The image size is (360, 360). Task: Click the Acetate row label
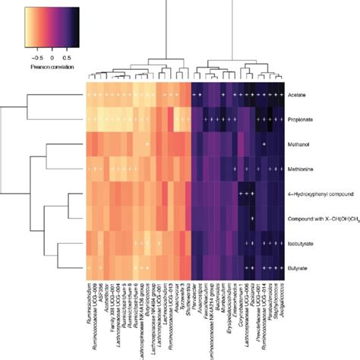pos(297,96)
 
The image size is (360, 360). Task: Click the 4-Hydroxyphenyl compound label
pos(319,194)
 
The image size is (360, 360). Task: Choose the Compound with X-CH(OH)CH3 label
pos(320,219)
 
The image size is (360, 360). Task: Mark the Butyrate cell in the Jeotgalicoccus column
pos(280,268)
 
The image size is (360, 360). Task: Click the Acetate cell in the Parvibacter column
pos(194,96)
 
